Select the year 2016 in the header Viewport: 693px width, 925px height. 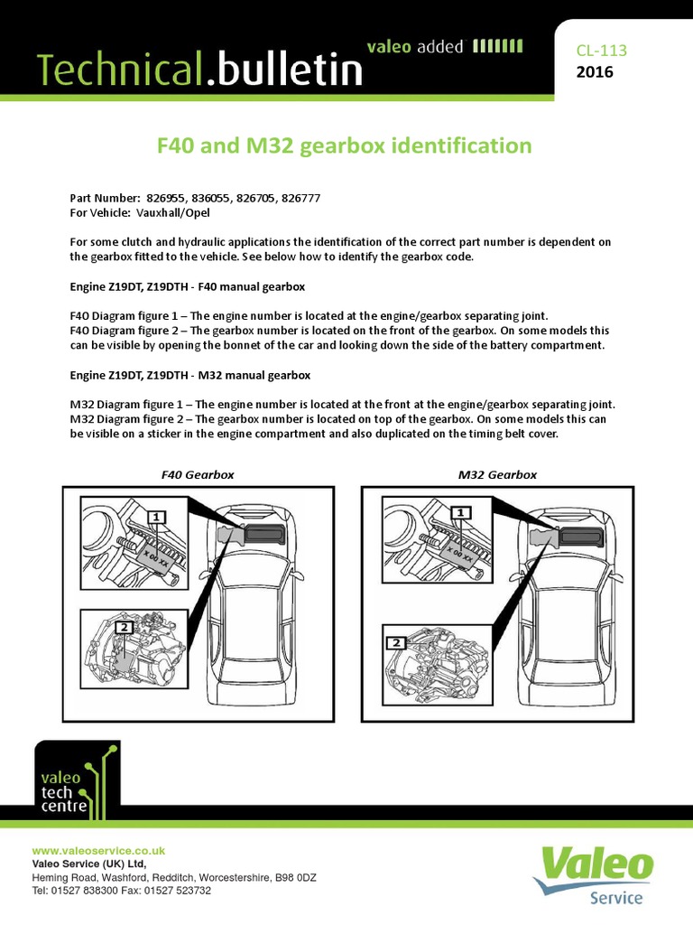tap(594, 72)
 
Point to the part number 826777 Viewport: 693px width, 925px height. tap(295, 198)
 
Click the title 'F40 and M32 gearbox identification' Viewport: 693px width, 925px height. tap(346, 145)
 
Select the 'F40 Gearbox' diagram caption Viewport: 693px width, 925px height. tap(197, 474)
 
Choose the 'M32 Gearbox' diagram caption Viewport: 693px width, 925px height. tap(497, 474)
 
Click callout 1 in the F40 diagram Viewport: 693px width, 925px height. tap(158, 517)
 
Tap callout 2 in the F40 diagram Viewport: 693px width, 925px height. tap(125, 626)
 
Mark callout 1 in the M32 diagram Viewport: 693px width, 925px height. tap(463, 513)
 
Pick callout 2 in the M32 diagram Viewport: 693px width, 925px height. tap(395, 643)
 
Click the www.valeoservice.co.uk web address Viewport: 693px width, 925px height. tap(98, 851)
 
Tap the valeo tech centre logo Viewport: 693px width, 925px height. tap(76, 778)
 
